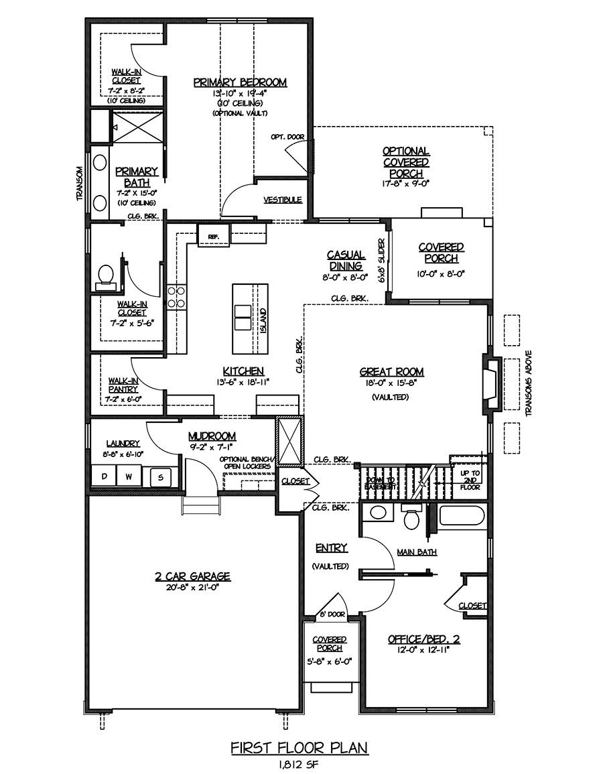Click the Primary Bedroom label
[x=240, y=82]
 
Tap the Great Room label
[x=391, y=372]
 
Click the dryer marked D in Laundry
[x=104, y=477]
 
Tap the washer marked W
[x=128, y=477]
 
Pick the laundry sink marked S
[x=160, y=477]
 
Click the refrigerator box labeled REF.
[x=213, y=235]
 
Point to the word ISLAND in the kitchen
[x=263, y=321]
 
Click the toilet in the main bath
[x=411, y=516]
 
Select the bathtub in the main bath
[x=462, y=516]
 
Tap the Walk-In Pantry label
[x=123, y=385]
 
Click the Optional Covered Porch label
[x=406, y=162]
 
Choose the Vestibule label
[x=282, y=200]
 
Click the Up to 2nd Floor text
[x=470, y=479]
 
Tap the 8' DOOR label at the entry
[x=333, y=614]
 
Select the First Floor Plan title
[x=299, y=748]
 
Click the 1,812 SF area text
[x=299, y=765]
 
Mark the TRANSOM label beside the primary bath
[x=80, y=183]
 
